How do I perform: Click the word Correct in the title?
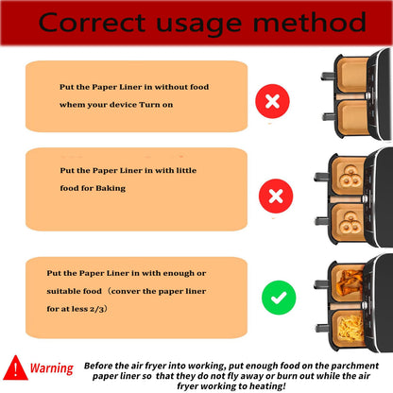pyautogui.click(x=92, y=23)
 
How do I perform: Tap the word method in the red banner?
pyautogui.click(x=310, y=22)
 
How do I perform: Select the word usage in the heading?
pyautogui.click(x=199, y=26)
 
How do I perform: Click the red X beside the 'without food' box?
pyautogui.click(x=272, y=101)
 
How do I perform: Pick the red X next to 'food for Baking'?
pyautogui.click(x=276, y=196)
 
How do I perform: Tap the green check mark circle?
pyautogui.click(x=279, y=298)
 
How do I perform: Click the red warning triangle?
pyautogui.click(x=15, y=367)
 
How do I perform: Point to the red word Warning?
pyautogui.click(x=52, y=368)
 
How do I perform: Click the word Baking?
pyautogui.click(x=111, y=188)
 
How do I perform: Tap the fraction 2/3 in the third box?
pyautogui.click(x=96, y=309)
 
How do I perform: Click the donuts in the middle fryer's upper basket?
pyautogui.click(x=350, y=177)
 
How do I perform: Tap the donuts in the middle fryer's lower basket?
pyautogui.click(x=350, y=222)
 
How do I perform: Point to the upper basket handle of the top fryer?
pyautogui.click(x=328, y=76)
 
